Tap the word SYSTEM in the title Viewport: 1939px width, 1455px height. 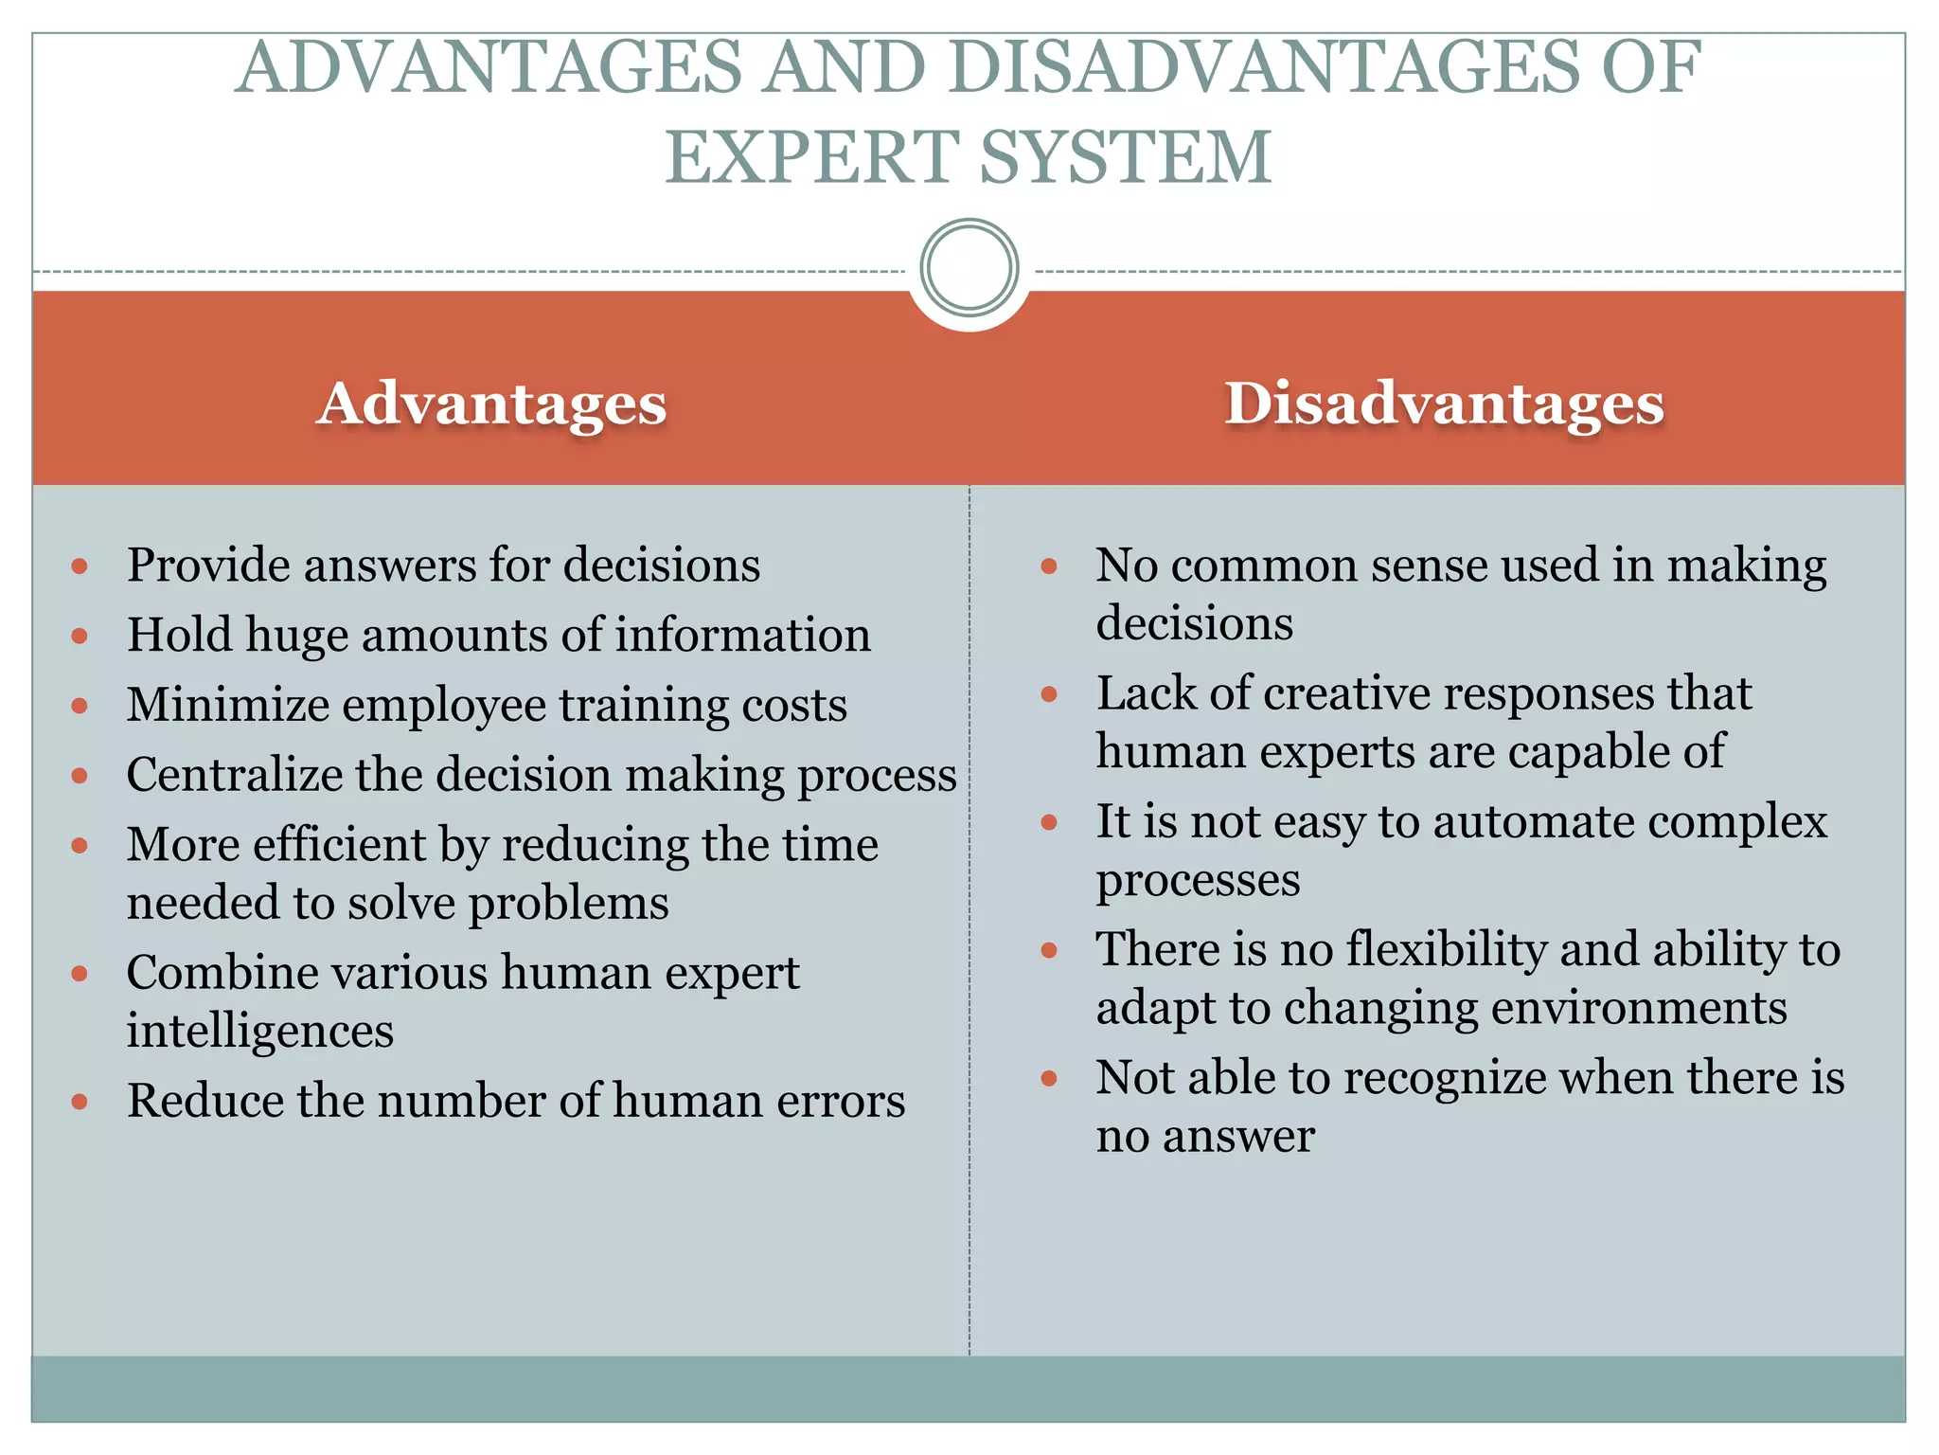click(1126, 157)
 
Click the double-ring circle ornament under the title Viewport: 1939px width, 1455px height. click(969, 268)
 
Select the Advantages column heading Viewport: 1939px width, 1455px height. click(491, 404)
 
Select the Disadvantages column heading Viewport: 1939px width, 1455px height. click(1444, 404)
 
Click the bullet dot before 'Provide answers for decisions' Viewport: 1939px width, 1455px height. click(80, 567)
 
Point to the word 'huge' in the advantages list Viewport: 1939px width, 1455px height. click(296, 637)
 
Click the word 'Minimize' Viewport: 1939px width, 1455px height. click(227, 705)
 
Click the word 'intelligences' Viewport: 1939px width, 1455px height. click(260, 1031)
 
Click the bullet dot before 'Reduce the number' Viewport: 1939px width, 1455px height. click(80, 1102)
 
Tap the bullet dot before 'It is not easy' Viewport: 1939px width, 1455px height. click(1049, 822)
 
